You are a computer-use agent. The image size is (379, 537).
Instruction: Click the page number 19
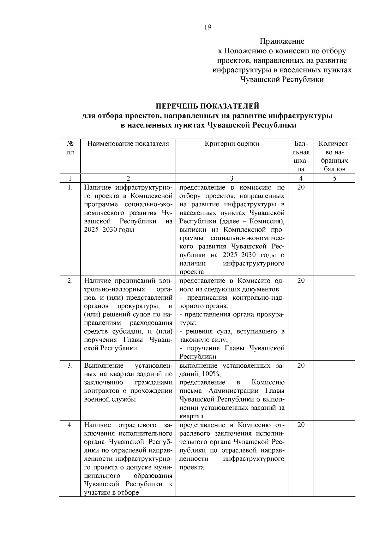pyautogui.click(x=208, y=27)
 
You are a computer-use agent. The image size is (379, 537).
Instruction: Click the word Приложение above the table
pyautogui.click(x=282, y=41)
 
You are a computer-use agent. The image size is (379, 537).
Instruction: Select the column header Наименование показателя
pyautogui.click(x=128, y=144)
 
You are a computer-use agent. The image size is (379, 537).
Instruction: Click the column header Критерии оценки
pyautogui.click(x=232, y=144)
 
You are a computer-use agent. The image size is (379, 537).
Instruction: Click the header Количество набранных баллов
pyautogui.click(x=334, y=156)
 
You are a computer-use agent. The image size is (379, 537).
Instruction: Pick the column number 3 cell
pyautogui.click(x=232, y=178)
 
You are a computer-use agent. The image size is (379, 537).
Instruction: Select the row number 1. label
pyautogui.click(x=70, y=187)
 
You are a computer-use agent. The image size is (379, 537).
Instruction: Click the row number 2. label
pyautogui.click(x=70, y=281)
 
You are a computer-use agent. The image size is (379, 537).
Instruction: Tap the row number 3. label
pyautogui.click(x=70, y=365)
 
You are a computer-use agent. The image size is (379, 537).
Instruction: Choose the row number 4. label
pyautogui.click(x=70, y=425)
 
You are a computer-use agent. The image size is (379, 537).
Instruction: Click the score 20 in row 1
pyautogui.click(x=301, y=187)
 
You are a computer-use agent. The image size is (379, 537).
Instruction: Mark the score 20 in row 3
pyautogui.click(x=301, y=365)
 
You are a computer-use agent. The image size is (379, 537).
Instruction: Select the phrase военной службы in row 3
pyautogui.click(x=110, y=399)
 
